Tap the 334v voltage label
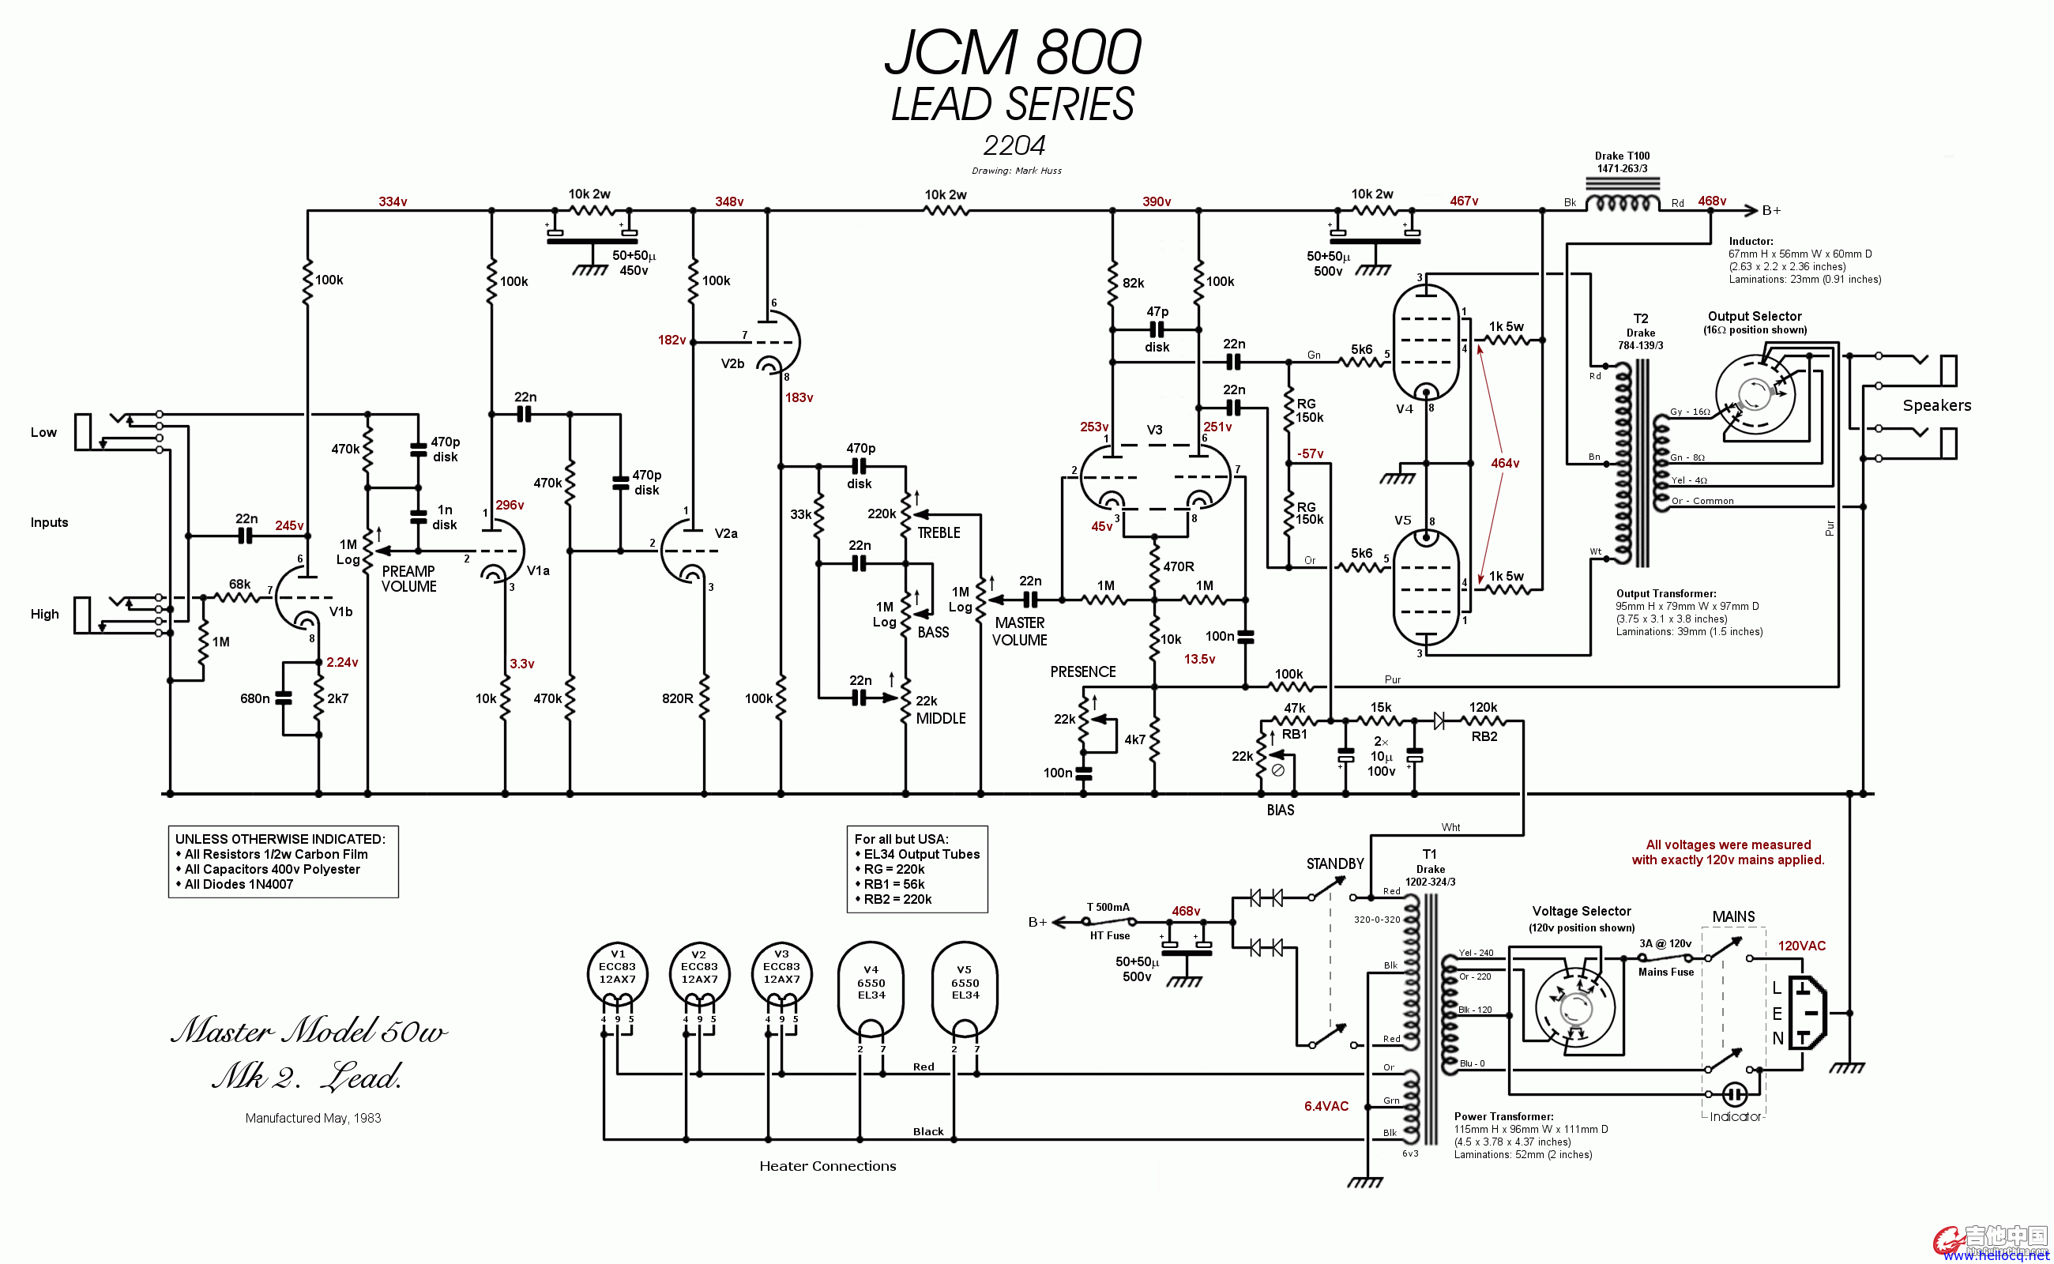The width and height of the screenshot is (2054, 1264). coord(392,201)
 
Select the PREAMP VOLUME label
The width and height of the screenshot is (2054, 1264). coord(408,578)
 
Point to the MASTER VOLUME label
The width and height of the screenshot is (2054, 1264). coord(1019,631)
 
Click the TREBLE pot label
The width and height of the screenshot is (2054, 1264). coord(939,532)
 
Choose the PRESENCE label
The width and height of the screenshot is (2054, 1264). coord(1082,671)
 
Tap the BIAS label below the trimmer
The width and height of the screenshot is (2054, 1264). coord(1280,809)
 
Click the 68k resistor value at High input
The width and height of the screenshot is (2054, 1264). coord(240,584)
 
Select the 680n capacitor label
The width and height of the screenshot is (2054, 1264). coord(255,698)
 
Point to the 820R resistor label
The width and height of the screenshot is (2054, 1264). coord(677,698)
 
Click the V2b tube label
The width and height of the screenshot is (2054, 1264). coord(732,363)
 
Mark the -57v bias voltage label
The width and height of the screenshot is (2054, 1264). coord(1310,453)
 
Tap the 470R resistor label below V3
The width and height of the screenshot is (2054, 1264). coord(1179,566)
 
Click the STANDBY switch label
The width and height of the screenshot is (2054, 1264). coord(1335,863)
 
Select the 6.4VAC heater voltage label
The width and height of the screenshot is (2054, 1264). coord(1326,1106)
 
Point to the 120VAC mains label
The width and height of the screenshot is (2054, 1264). coord(1801,946)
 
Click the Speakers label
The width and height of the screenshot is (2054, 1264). coord(1937,405)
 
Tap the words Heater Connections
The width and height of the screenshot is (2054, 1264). coord(828,1165)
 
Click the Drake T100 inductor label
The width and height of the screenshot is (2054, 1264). coord(1622,156)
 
